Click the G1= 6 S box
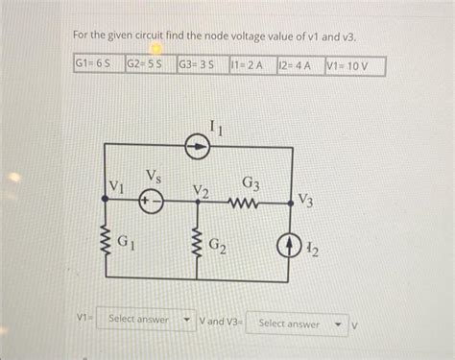pos(98,65)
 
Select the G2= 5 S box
pos(149,65)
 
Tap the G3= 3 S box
pos(201,65)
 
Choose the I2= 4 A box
pos(298,65)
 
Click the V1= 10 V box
pos(353,65)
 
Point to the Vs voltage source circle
pos(151,203)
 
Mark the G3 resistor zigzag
pos(245,203)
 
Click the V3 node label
pos(304,200)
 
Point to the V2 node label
pos(200,190)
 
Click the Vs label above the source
pos(153,175)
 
